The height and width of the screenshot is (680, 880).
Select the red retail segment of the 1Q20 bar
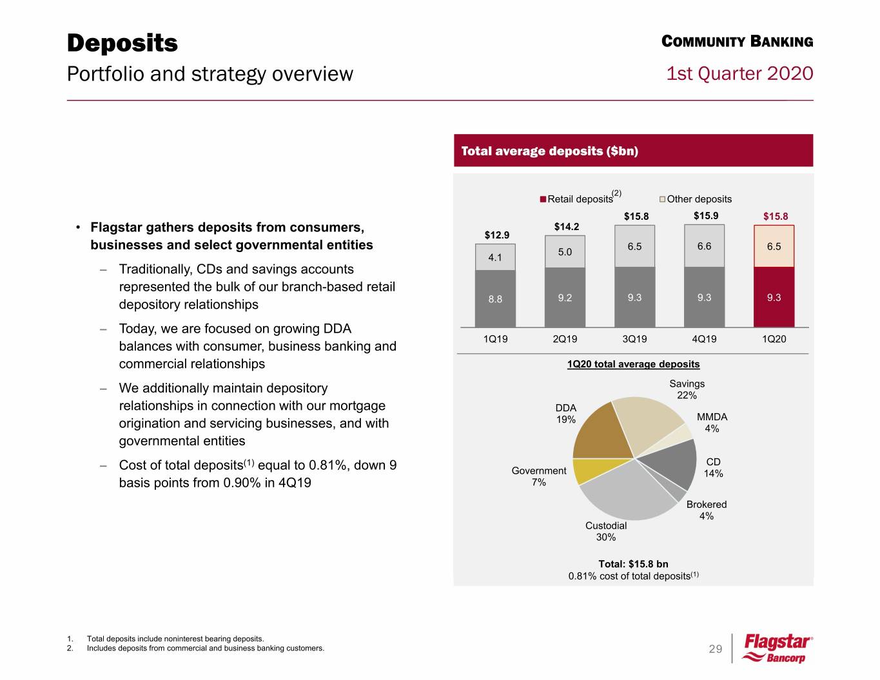pyautogui.click(x=774, y=297)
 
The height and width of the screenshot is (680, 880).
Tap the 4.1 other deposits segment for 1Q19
pyautogui.click(x=495, y=257)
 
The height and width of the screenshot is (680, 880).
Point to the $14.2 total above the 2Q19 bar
pyautogui.click(x=567, y=226)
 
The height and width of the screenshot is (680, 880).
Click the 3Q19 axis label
pyautogui.click(x=634, y=339)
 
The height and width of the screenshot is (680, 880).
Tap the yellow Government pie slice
pyautogui.click(x=585, y=470)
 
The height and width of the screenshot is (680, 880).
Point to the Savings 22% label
pyautogui.click(x=687, y=389)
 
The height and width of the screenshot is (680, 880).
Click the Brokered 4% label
pyautogui.click(x=706, y=510)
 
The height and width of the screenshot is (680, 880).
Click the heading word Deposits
pyautogui.click(x=122, y=43)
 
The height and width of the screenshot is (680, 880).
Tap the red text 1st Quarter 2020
pyautogui.click(x=739, y=73)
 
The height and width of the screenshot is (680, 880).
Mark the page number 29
pyautogui.click(x=716, y=649)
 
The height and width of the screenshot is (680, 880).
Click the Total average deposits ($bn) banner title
pyautogui.click(x=549, y=151)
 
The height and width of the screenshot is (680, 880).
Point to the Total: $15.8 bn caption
pyautogui.click(x=633, y=564)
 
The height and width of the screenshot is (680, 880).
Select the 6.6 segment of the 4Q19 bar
pyautogui.click(x=704, y=246)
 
